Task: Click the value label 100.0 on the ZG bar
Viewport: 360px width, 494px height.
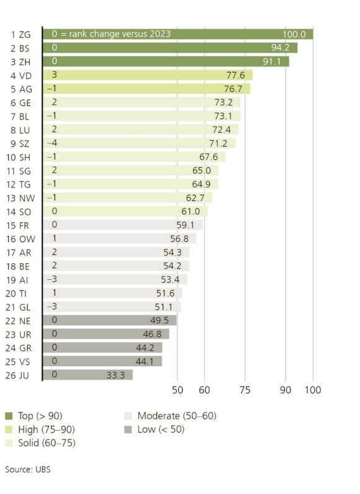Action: point(294,34)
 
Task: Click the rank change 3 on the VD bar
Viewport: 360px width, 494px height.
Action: point(55,75)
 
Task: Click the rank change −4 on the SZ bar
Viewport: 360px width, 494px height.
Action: point(55,143)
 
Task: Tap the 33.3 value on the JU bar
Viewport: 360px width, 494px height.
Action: point(115,375)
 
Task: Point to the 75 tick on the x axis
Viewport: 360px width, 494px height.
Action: point(245,390)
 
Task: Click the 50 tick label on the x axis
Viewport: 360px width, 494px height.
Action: point(178,390)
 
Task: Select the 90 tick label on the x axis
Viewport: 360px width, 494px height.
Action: point(286,390)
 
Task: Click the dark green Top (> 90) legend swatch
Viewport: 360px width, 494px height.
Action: point(9,416)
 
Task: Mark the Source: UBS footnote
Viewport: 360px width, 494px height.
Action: point(27,469)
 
